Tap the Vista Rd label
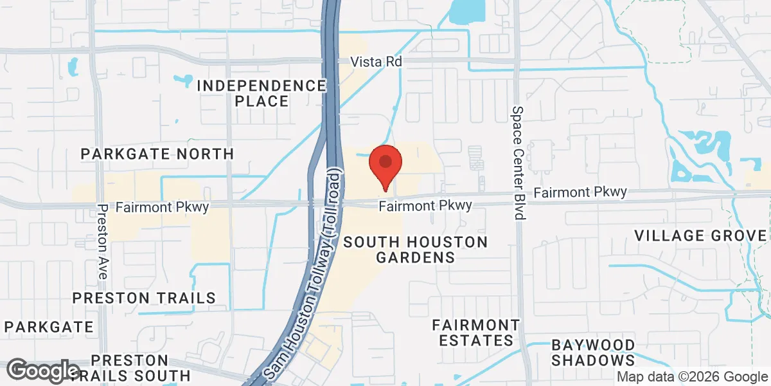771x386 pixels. pyautogui.click(x=376, y=62)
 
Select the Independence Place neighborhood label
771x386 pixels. pyautogui.click(x=261, y=93)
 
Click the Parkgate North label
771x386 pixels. pyautogui.click(x=157, y=154)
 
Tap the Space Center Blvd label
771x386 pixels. pyautogui.click(x=518, y=162)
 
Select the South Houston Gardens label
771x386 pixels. pyautogui.click(x=415, y=250)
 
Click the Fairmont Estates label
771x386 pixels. pyautogui.click(x=475, y=332)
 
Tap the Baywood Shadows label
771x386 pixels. pyautogui.click(x=592, y=353)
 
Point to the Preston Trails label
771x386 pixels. pyautogui.click(x=144, y=298)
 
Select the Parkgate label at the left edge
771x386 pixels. pyautogui.click(x=47, y=327)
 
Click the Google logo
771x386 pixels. pyautogui.click(x=44, y=371)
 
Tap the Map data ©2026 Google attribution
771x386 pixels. pyautogui.click(x=693, y=377)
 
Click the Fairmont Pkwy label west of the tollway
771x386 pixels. pyautogui.click(x=154, y=207)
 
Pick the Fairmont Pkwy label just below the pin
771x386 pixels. pyautogui.click(x=425, y=206)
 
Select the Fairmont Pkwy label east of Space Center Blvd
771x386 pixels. pyautogui.click(x=580, y=192)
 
